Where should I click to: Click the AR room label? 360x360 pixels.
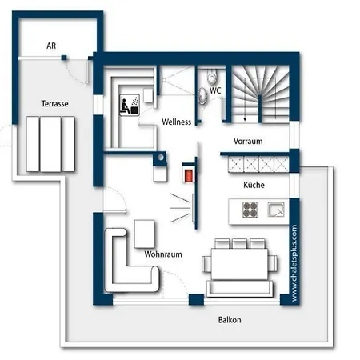pyautogui.click(x=51, y=46)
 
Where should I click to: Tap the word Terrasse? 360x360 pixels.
pyautogui.click(x=55, y=103)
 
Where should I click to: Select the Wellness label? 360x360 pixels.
pyautogui.click(x=177, y=122)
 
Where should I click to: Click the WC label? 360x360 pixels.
pyautogui.click(x=215, y=90)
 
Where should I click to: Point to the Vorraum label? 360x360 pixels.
pyautogui.click(x=248, y=141)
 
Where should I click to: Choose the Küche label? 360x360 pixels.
pyautogui.click(x=254, y=185)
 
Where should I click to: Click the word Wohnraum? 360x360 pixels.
pyautogui.click(x=163, y=254)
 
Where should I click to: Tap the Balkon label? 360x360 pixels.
pyautogui.click(x=230, y=320)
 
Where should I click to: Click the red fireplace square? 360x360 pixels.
pyautogui.click(x=189, y=175)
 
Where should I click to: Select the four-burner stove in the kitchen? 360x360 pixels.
pyautogui.click(x=250, y=210)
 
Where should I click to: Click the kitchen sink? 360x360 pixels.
pyautogui.click(x=276, y=210)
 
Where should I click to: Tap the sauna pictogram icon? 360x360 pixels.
pyautogui.click(x=130, y=105)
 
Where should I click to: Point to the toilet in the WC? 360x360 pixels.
pyautogui.click(x=212, y=77)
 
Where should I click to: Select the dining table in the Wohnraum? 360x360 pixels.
pyautogui.click(x=239, y=264)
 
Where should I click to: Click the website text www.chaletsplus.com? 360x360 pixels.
pyautogui.click(x=294, y=263)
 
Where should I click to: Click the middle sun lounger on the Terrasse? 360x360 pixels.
pyautogui.click(x=50, y=144)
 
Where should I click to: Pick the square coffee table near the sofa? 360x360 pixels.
pyautogui.click(x=145, y=234)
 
